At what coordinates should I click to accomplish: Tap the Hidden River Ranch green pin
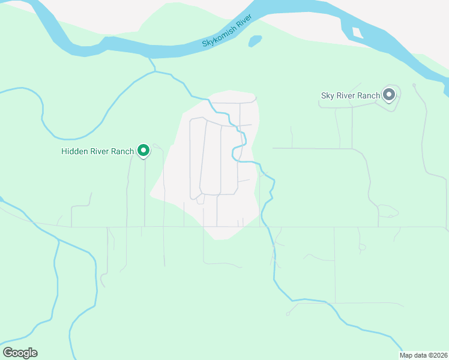[x=143, y=151]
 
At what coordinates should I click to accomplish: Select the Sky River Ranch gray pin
[x=389, y=95]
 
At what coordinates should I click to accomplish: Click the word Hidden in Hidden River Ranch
[x=75, y=151]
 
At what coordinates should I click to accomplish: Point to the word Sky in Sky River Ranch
[x=328, y=95]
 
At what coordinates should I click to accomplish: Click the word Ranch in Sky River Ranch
[x=369, y=95]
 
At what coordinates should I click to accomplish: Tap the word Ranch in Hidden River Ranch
[x=122, y=151]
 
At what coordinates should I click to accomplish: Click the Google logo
[x=20, y=352]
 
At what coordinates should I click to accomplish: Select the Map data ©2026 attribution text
[x=423, y=355]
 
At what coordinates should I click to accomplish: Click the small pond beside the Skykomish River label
[x=255, y=41]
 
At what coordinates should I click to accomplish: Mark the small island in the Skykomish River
[x=358, y=32]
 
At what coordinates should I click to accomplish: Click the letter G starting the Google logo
[x=8, y=352]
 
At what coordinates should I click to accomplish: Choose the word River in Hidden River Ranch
[x=100, y=151]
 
